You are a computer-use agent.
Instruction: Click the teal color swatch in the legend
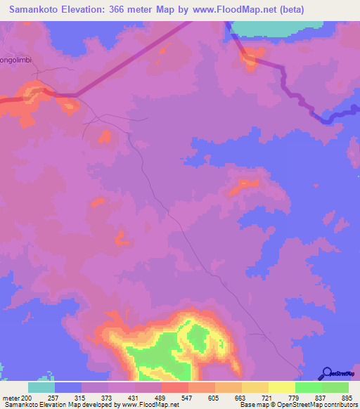[x=41, y=387]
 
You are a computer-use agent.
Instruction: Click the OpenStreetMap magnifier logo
[x=327, y=372]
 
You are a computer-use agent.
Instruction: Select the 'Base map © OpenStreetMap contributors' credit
[x=297, y=405]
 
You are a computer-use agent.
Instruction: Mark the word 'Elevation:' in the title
[x=91, y=9]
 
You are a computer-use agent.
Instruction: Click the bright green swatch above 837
[x=308, y=387]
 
